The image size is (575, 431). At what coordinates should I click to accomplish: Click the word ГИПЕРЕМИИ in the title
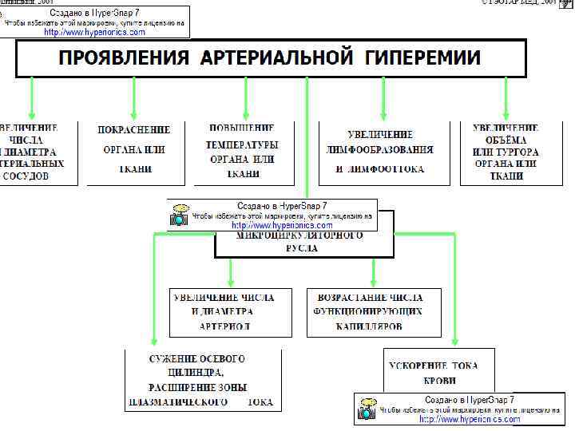click(x=425, y=58)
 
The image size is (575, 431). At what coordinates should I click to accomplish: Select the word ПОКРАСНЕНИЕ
click(x=133, y=129)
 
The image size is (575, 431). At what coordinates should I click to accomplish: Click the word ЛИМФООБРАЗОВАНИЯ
click(x=380, y=149)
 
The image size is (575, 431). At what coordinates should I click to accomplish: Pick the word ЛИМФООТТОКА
click(x=391, y=169)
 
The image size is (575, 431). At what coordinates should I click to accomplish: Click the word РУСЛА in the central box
click(x=301, y=248)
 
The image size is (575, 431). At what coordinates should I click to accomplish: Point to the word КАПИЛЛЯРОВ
click(x=369, y=326)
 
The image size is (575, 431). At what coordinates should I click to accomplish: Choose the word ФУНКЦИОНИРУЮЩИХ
click(x=368, y=311)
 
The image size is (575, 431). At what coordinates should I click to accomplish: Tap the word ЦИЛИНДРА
click(x=195, y=373)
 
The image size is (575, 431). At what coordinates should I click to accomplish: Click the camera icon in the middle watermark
click(x=180, y=216)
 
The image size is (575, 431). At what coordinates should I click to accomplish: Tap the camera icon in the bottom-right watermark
click(x=367, y=410)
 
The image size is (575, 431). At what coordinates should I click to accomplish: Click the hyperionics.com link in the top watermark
click(x=95, y=33)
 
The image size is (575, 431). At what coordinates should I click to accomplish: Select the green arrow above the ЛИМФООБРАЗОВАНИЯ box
click(x=383, y=100)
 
